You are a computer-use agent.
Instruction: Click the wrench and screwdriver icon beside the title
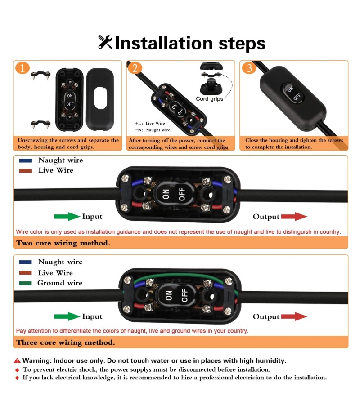[x=105, y=42]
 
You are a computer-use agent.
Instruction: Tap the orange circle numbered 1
[x=22, y=68]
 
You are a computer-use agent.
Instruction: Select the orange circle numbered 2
[x=135, y=68]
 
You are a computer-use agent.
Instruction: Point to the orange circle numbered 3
[x=249, y=68]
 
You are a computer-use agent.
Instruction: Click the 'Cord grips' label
[x=210, y=98]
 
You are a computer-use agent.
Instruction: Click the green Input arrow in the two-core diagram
[x=67, y=216]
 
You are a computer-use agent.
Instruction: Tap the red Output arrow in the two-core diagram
[x=294, y=216]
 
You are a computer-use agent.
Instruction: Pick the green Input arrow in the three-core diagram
[x=67, y=316]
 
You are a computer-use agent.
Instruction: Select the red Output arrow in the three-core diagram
[x=294, y=316]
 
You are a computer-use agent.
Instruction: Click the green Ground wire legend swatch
[x=25, y=283]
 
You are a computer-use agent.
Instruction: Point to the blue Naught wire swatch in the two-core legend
[x=25, y=160]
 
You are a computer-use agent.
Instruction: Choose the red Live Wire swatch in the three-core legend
[x=25, y=273]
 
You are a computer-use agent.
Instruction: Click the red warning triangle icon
[x=18, y=360]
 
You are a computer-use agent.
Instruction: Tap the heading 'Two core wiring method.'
[x=63, y=243]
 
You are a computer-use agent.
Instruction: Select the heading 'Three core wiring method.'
[x=66, y=342]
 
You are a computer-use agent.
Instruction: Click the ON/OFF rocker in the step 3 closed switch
[x=293, y=93]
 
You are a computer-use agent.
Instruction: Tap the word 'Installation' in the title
[x=164, y=43]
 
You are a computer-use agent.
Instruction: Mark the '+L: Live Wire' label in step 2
[x=150, y=123]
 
